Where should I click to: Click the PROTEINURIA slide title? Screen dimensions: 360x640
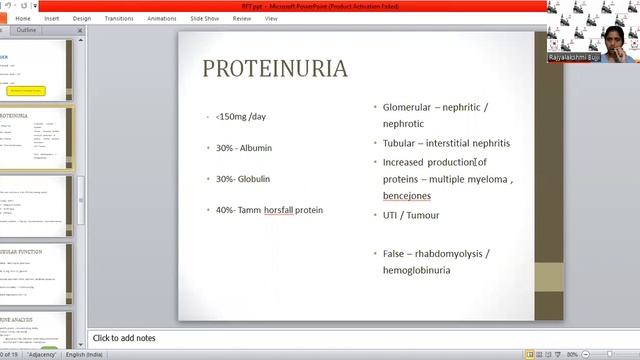pos(275,69)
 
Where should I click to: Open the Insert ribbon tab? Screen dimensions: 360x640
pos(52,18)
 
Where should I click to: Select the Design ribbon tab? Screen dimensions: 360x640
pos(82,18)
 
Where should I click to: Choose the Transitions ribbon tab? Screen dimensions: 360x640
pos(118,18)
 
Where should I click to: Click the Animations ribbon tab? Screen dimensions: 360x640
pos(161,18)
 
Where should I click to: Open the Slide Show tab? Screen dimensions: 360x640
pos(205,18)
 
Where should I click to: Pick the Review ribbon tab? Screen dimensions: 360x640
pos(241,18)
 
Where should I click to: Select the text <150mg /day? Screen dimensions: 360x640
pos(241,117)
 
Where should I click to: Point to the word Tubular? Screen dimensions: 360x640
pos(401,142)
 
